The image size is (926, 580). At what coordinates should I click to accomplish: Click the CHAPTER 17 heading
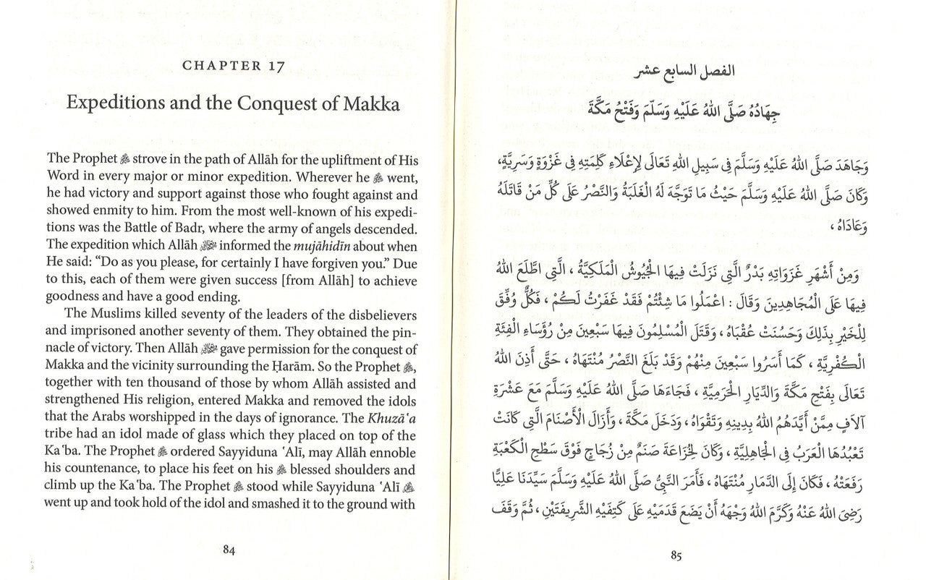[x=233, y=65]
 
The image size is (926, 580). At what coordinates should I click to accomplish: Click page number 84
[x=229, y=548]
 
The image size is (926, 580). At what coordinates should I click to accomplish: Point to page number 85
[x=676, y=555]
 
